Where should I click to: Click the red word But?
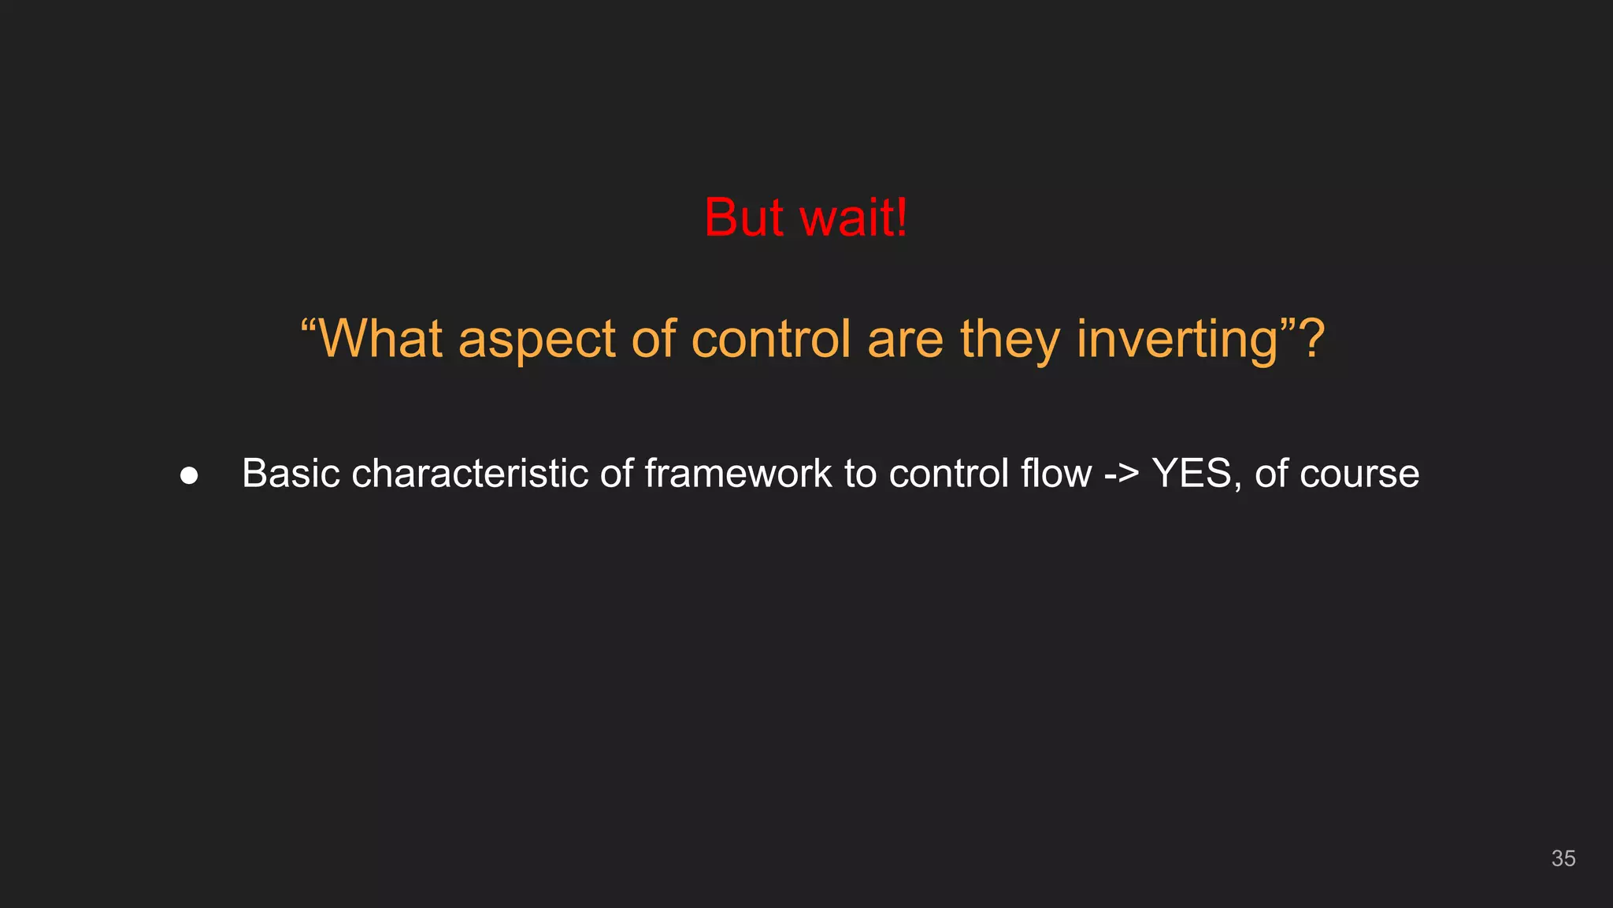coord(744,218)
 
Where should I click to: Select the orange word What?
coord(381,340)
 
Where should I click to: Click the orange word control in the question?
coord(771,340)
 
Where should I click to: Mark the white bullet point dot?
coord(189,475)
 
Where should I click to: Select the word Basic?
coord(291,474)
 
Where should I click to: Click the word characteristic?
coord(469,474)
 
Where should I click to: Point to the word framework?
coord(738,474)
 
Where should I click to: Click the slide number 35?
coord(1563,858)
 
